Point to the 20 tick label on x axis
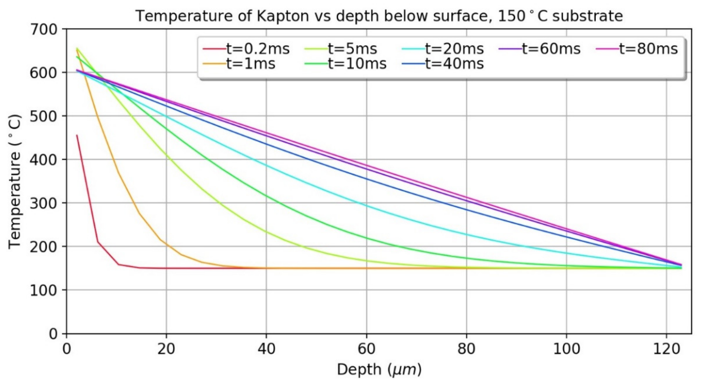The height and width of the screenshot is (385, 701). click(166, 349)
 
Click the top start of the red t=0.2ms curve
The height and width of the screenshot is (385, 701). click(77, 135)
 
